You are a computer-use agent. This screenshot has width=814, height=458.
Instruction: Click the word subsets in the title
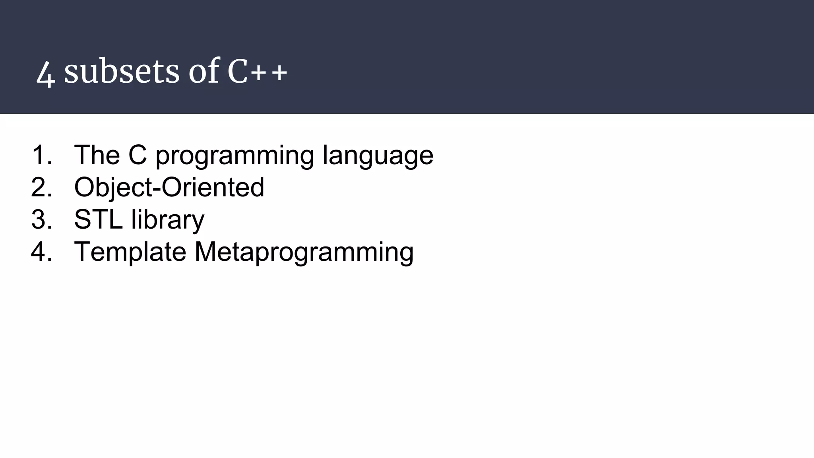coord(122,72)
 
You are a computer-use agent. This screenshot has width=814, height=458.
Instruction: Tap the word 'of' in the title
coord(204,72)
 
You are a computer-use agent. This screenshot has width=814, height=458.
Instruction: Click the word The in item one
coord(97,155)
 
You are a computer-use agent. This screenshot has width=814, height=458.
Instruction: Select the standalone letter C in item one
coord(138,155)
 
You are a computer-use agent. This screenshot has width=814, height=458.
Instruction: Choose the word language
coord(378,156)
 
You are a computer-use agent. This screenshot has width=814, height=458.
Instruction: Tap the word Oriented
coord(213,187)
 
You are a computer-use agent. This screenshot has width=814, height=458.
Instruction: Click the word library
coord(167,220)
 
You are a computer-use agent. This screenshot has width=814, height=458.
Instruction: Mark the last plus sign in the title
coord(279,73)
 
